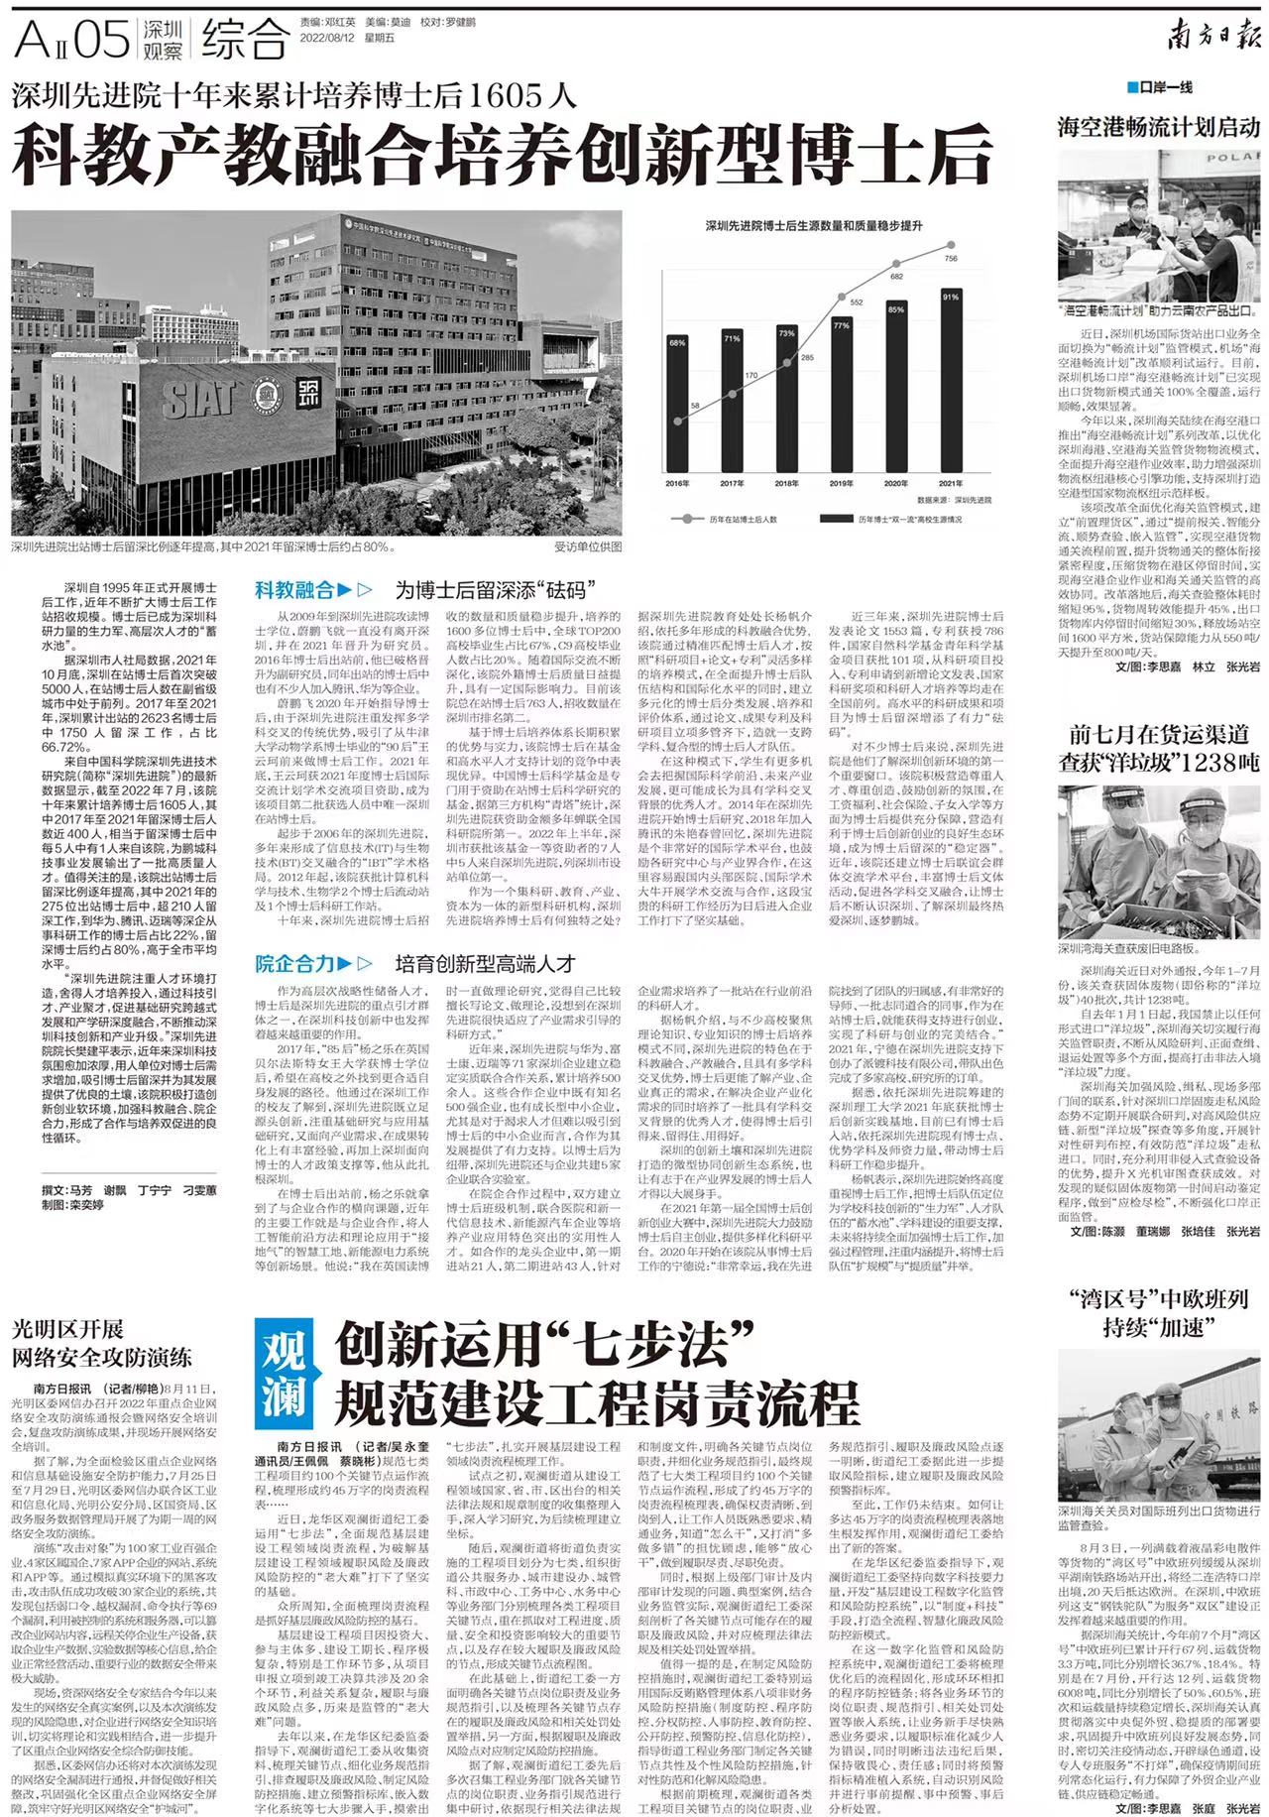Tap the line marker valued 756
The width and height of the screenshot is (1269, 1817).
click(952, 244)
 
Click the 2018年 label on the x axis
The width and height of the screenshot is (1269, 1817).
click(786, 483)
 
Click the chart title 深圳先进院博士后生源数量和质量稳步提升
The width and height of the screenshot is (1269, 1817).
click(814, 226)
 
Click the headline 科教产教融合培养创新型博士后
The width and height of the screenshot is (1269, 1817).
click(503, 154)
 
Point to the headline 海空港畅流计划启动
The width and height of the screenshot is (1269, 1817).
click(1158, 127)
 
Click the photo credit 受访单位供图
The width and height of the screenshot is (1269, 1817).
click(588, 546)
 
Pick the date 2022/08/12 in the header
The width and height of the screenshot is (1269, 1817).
click(332, 38)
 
